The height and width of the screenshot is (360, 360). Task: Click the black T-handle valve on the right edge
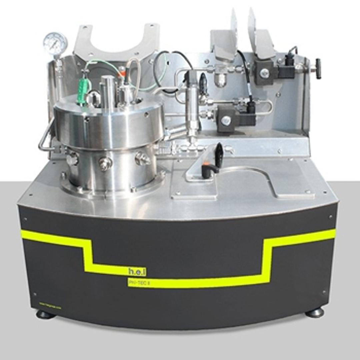tap(318, 69)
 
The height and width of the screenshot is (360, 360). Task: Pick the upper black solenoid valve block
tap(265, 72)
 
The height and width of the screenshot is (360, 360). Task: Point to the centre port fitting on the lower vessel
tap(105, 163)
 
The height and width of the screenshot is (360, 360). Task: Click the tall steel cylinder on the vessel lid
tap(107, 88)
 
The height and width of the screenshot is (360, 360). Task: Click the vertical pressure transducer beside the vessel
tap(192, 100)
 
